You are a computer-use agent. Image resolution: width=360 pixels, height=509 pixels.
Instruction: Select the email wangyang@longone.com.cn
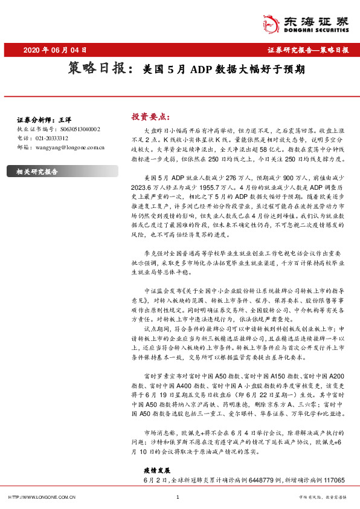66,147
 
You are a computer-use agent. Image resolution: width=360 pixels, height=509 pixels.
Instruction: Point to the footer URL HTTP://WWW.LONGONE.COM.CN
41,497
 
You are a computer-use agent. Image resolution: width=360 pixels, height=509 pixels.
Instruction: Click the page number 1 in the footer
178,497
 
